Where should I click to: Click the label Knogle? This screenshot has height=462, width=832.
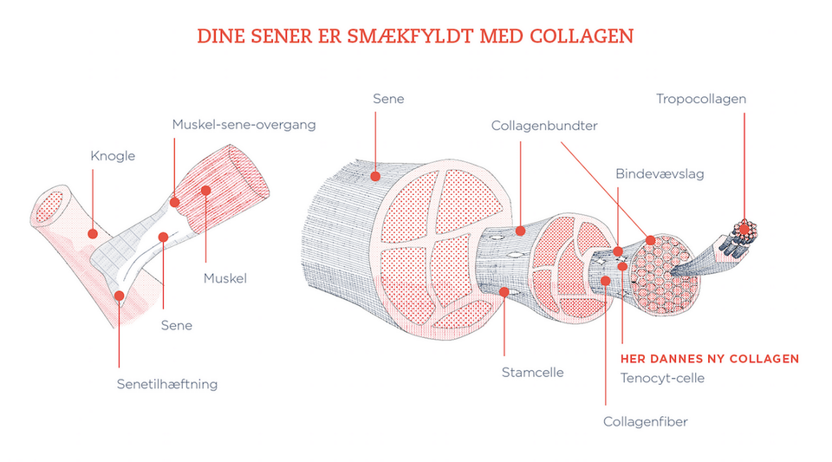[x=113, y=157]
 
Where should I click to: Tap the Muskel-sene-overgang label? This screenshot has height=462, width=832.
[x=243, y=124]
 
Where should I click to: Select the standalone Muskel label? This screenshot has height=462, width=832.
[x=225, y=279]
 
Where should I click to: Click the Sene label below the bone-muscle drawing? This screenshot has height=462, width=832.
[x=176, y=326]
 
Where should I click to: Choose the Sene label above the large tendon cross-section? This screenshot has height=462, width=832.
[x=387, y=99]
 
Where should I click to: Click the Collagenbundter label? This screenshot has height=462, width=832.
[x=544, y=126]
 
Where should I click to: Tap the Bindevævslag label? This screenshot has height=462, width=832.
[x=659, y=174]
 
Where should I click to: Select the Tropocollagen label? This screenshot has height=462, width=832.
[x=701, y=99]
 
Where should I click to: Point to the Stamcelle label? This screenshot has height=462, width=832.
[x=532, y=373]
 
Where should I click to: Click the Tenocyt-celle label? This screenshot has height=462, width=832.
[x=662, y=378]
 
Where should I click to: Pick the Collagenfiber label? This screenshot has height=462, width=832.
[x=645, y=422]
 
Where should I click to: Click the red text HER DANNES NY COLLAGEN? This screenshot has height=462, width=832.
[x=710, y=359]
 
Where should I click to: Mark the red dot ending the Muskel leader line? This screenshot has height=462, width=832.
[x=206, y=190]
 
